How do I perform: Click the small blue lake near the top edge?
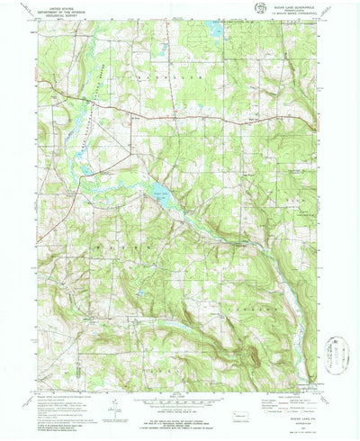coord(216,30)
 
